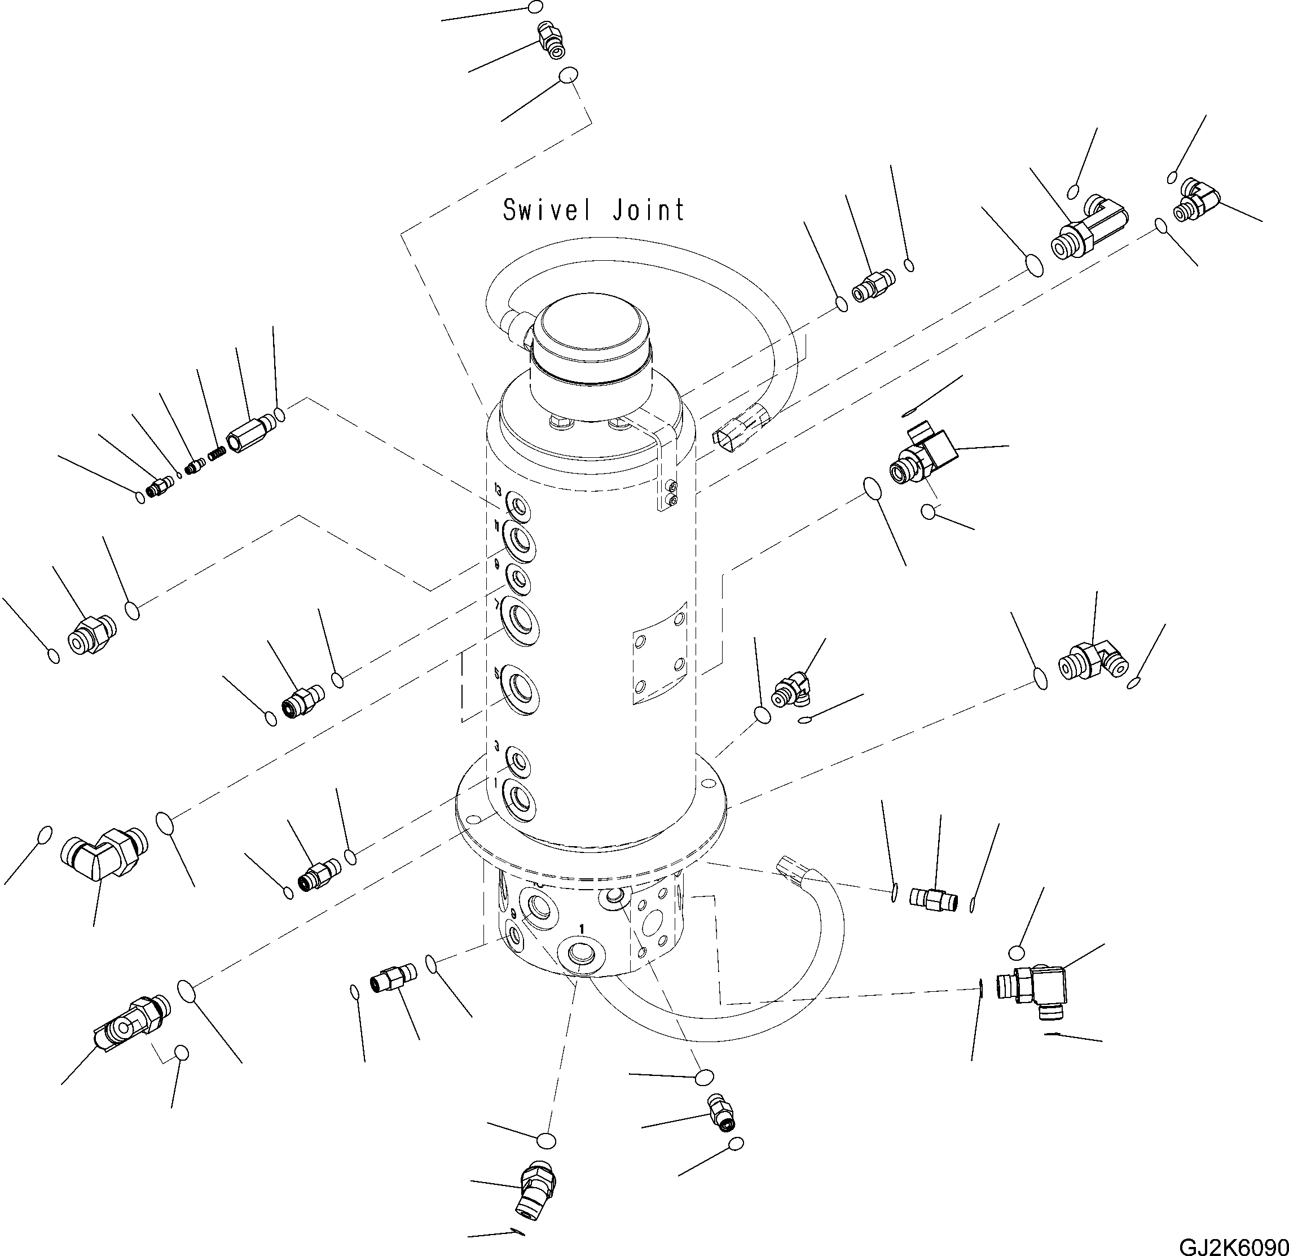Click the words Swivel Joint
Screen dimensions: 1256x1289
593,210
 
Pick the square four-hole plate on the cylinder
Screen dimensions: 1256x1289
659,653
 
